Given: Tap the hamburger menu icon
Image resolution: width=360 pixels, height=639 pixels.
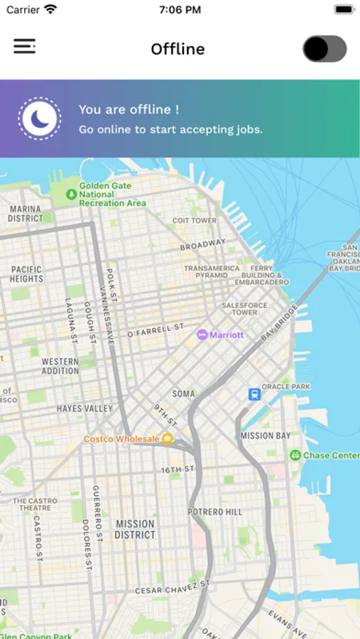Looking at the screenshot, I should click(24, 47).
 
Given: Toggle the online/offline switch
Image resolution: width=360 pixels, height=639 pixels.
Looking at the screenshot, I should click(324, 49).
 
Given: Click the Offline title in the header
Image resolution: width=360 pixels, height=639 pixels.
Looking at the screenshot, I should click(178, 49).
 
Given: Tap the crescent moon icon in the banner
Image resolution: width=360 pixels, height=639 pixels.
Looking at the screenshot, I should click(40, 119).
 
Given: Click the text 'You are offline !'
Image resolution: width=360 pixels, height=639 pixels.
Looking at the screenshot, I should click(129, 109).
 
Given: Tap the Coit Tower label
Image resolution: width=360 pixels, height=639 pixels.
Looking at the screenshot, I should click(195, 221).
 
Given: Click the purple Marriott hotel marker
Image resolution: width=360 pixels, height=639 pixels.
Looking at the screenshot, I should click(202, 334).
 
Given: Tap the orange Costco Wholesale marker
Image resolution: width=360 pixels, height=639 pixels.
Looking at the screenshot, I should click(168, 439).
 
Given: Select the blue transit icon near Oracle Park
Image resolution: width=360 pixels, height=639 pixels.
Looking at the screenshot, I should click(254, 394).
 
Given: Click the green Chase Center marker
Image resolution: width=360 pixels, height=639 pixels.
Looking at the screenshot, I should click(295, 455).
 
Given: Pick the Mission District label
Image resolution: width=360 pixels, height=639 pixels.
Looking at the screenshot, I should click(134, 529).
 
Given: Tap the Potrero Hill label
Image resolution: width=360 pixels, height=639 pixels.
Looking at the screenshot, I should click(215, 512).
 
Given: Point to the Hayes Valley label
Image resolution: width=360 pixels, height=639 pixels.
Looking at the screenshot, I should click(84, 409).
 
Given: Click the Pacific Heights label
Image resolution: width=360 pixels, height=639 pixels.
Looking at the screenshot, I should click(27, 274).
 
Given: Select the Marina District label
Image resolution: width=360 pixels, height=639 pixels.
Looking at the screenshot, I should click(25, 214).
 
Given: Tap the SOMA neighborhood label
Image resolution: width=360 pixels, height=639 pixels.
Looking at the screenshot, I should click(183, 393).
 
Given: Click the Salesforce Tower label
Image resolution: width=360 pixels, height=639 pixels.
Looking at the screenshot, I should click(244, 308).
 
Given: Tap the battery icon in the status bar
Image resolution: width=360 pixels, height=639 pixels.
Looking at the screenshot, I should click(344, 10).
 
